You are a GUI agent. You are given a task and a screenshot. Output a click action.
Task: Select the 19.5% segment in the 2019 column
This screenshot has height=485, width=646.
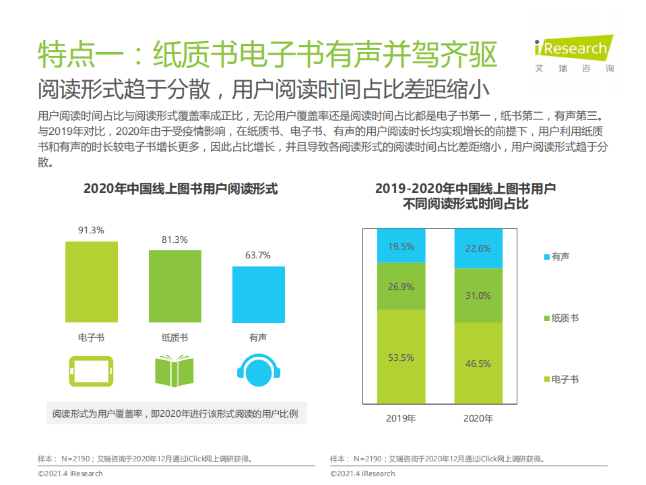coord(401,246)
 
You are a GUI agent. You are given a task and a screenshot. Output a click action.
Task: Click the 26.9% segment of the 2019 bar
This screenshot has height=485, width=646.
coord(401,287)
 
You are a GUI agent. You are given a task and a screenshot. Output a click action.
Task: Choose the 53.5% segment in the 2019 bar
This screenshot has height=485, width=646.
coord(401,358)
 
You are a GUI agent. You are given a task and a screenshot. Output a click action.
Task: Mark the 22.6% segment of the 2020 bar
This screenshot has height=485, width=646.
coord(478,248)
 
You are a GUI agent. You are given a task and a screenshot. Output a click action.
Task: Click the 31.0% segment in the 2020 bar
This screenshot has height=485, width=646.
coord(478,295)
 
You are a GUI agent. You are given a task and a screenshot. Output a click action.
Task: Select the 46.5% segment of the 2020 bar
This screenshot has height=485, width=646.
coord(478,364)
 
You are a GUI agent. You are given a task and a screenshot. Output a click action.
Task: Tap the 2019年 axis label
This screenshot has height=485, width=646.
coord(401,419)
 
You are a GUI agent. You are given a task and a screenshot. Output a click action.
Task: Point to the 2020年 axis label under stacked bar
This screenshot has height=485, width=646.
coord(478,419)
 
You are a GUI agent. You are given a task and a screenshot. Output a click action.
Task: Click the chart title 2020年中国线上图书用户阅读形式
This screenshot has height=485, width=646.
coord(181,189)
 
